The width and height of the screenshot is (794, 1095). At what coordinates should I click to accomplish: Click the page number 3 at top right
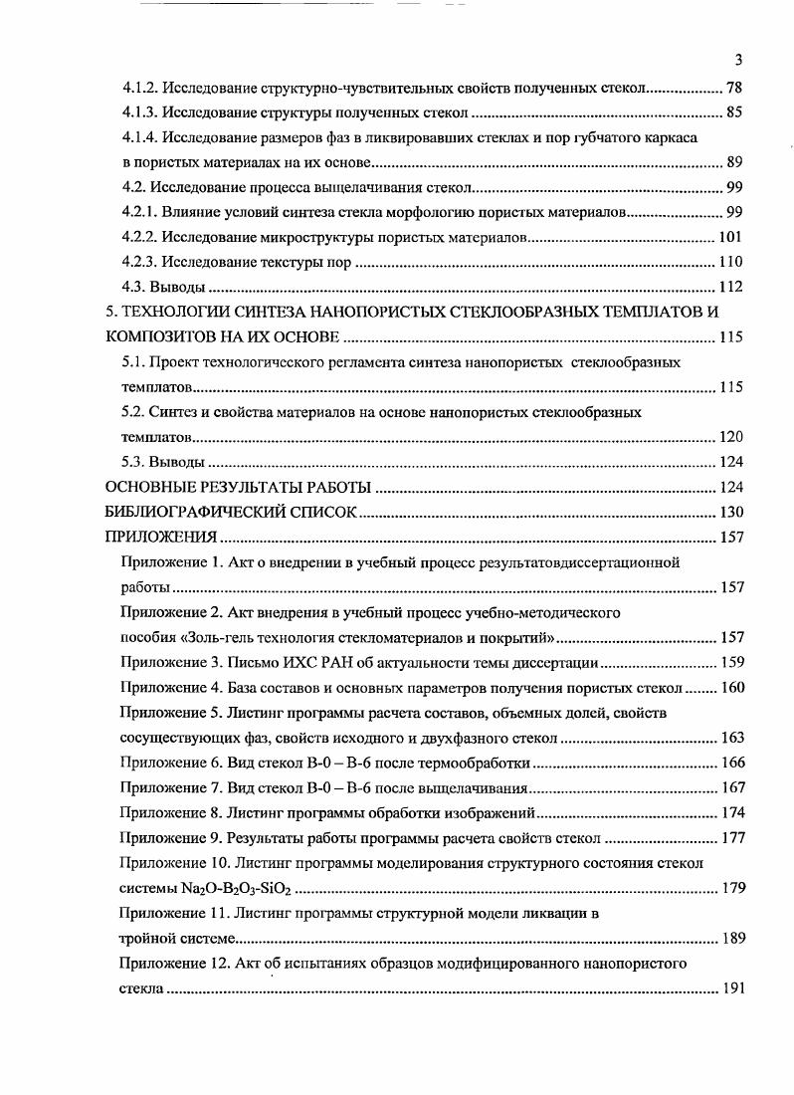737,59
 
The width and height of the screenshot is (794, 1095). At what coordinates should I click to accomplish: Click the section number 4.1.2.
139,87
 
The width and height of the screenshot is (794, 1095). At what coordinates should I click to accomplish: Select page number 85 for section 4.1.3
734,111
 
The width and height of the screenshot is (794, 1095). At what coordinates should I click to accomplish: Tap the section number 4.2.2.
139,237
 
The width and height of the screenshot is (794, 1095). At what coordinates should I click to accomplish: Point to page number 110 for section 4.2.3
730,262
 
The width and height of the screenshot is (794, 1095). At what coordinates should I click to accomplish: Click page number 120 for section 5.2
730,437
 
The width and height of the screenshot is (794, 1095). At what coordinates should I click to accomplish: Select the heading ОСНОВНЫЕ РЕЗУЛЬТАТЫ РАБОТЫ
238,488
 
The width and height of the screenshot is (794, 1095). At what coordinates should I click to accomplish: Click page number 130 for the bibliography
730,513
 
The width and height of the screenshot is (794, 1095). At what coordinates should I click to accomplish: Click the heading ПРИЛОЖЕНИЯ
160,538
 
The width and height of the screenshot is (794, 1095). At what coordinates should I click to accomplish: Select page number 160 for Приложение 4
730,688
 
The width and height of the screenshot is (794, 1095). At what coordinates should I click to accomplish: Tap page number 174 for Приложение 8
730,812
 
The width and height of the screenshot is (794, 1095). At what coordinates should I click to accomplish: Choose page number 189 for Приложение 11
730,938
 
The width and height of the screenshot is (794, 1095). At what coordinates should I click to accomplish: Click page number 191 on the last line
730,988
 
